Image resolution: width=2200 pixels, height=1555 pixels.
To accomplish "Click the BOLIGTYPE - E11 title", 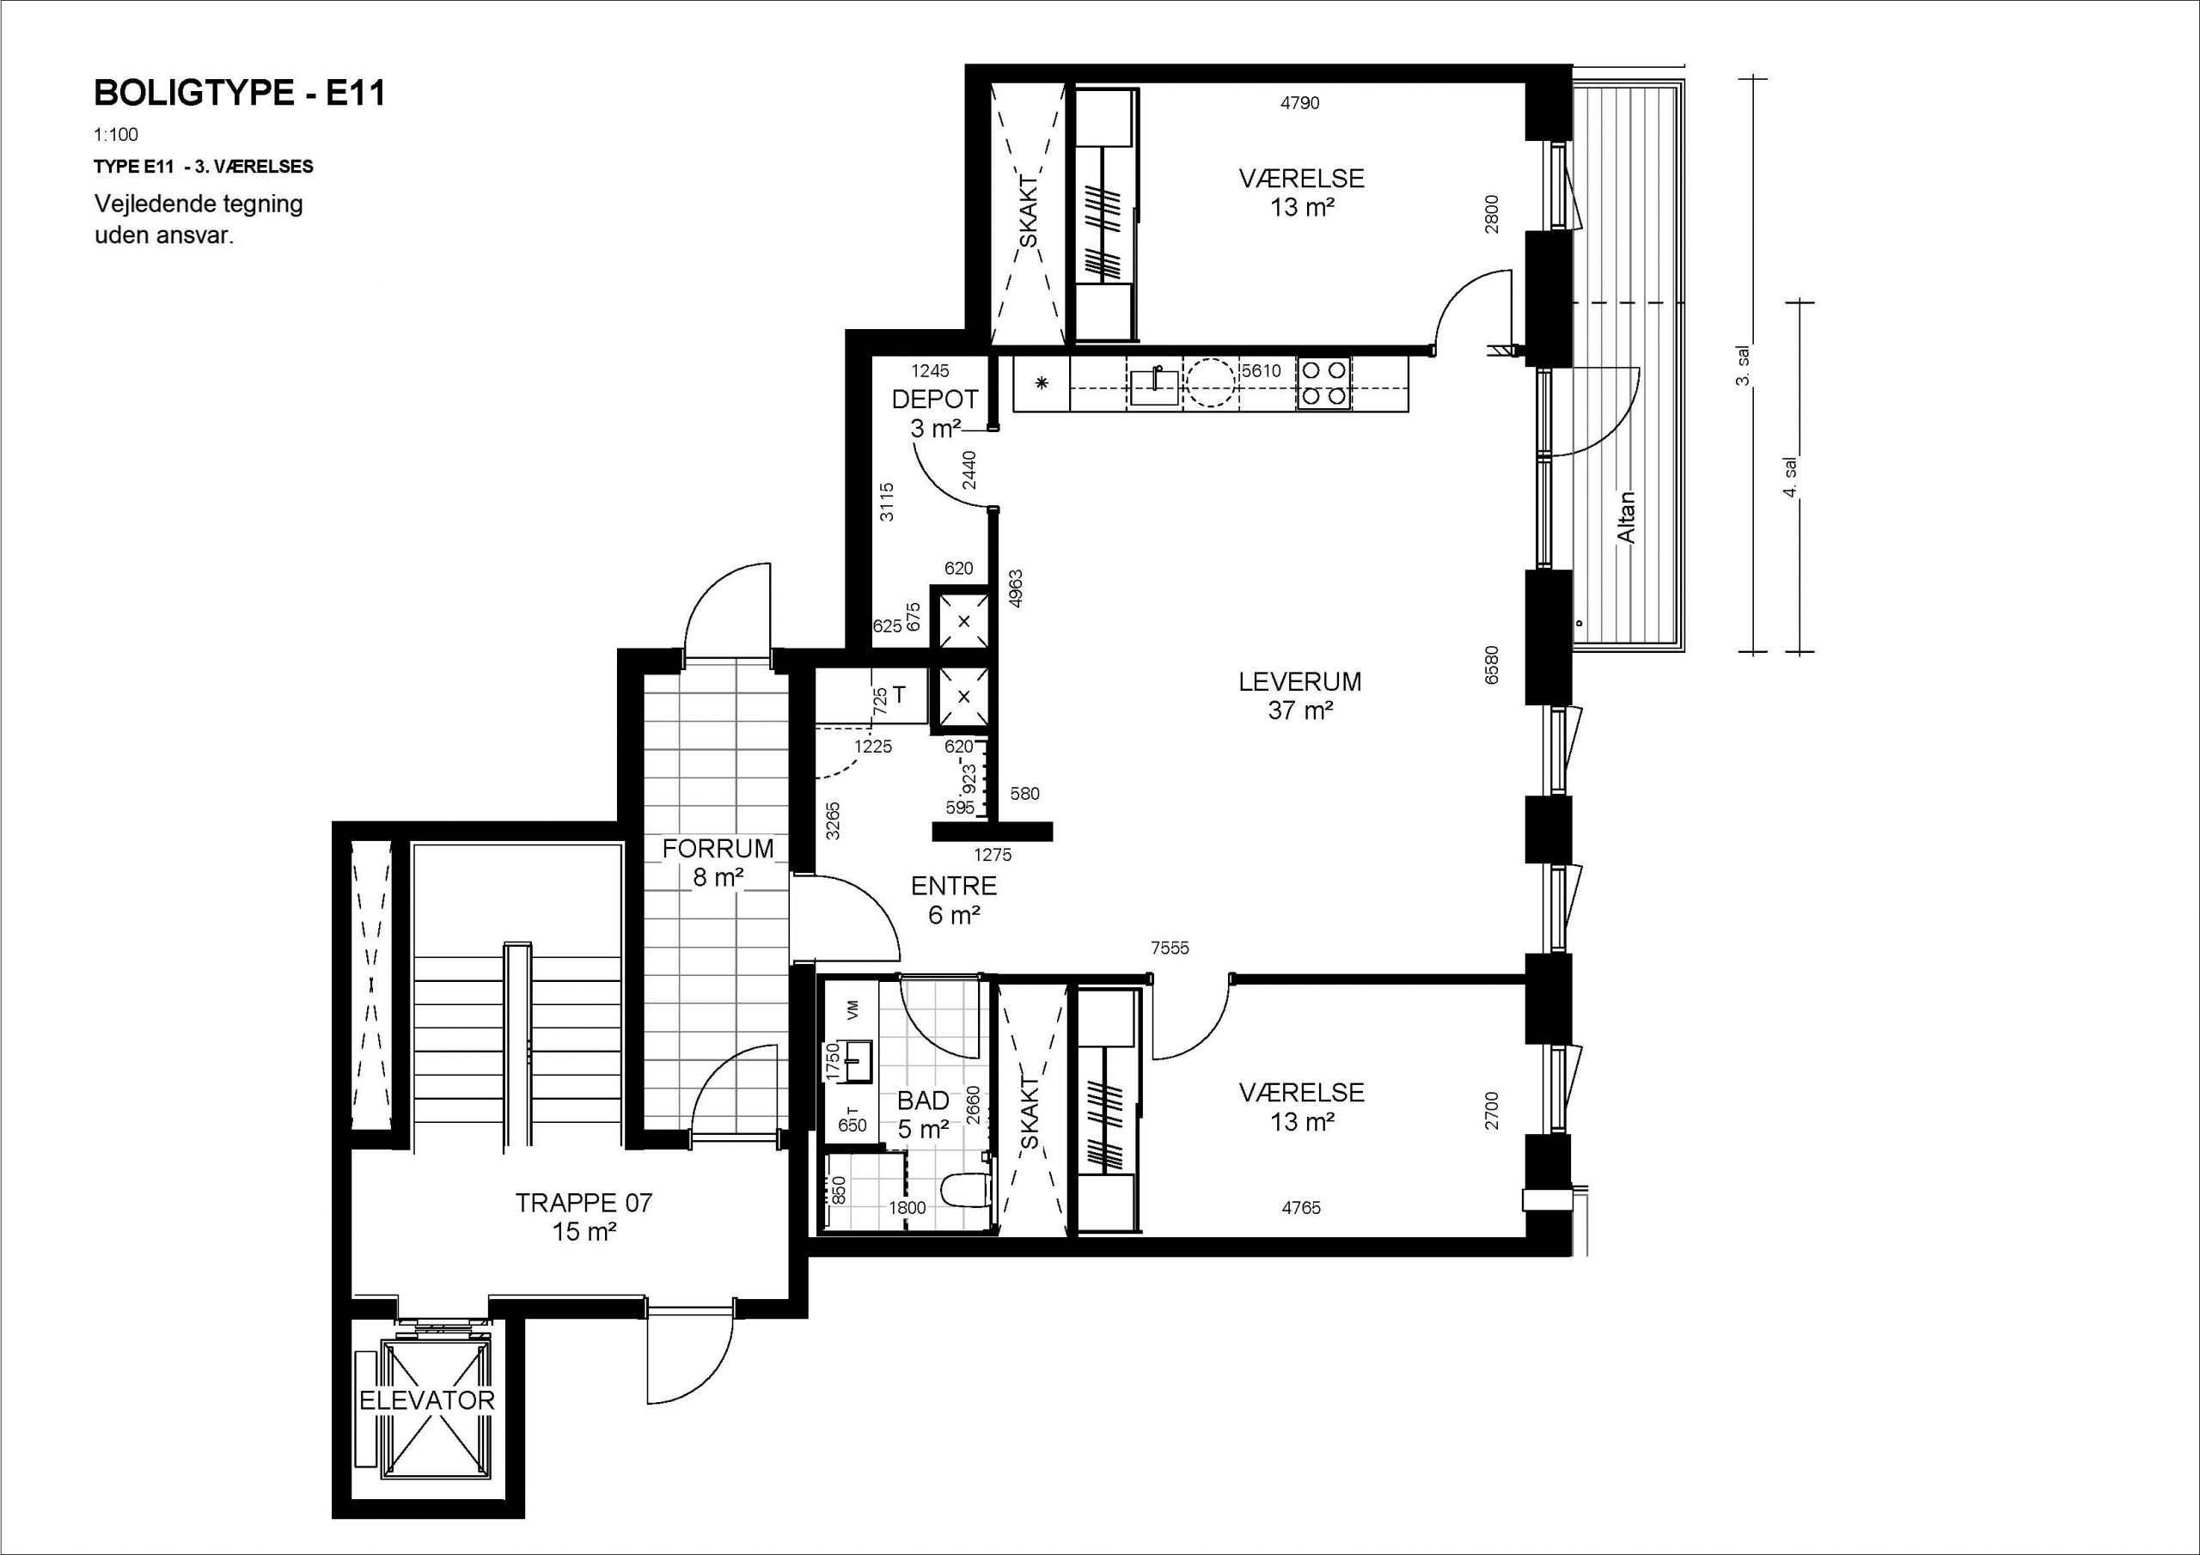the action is pos(240,93).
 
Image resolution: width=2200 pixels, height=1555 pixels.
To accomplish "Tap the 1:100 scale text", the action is pos(116,135).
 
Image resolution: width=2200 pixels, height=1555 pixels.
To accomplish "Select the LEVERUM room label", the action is pos(1299,682).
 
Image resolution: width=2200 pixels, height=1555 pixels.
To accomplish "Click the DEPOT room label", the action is pos(934,399).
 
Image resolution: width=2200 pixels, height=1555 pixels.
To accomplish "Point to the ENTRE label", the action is pos(953,887).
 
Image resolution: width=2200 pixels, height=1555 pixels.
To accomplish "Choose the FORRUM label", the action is pos(718,849).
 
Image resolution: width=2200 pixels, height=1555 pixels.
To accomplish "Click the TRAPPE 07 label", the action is pos(584,1204).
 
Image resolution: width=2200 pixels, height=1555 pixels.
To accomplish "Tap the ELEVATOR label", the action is pos(426,1400).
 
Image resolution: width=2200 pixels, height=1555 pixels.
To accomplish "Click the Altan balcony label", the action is pos(1626,517).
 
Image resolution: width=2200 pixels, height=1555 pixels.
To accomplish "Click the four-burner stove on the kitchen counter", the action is pos(1323,383).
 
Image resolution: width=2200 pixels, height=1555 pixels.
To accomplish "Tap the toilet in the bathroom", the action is pos(965,1191).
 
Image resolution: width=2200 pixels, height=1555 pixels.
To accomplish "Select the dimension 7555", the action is pos(1170,948).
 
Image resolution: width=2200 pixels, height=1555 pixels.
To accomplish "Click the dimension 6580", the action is pos(1491,665).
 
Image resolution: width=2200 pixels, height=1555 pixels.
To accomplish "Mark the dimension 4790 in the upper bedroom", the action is pos(1300,103).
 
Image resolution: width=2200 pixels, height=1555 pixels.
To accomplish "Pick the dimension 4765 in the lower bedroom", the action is pos(1301,1208).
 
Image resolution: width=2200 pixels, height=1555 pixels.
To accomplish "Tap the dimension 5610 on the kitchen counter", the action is pos(1261,371).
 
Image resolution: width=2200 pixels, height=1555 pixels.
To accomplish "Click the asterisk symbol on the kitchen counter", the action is pos(1042,384).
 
